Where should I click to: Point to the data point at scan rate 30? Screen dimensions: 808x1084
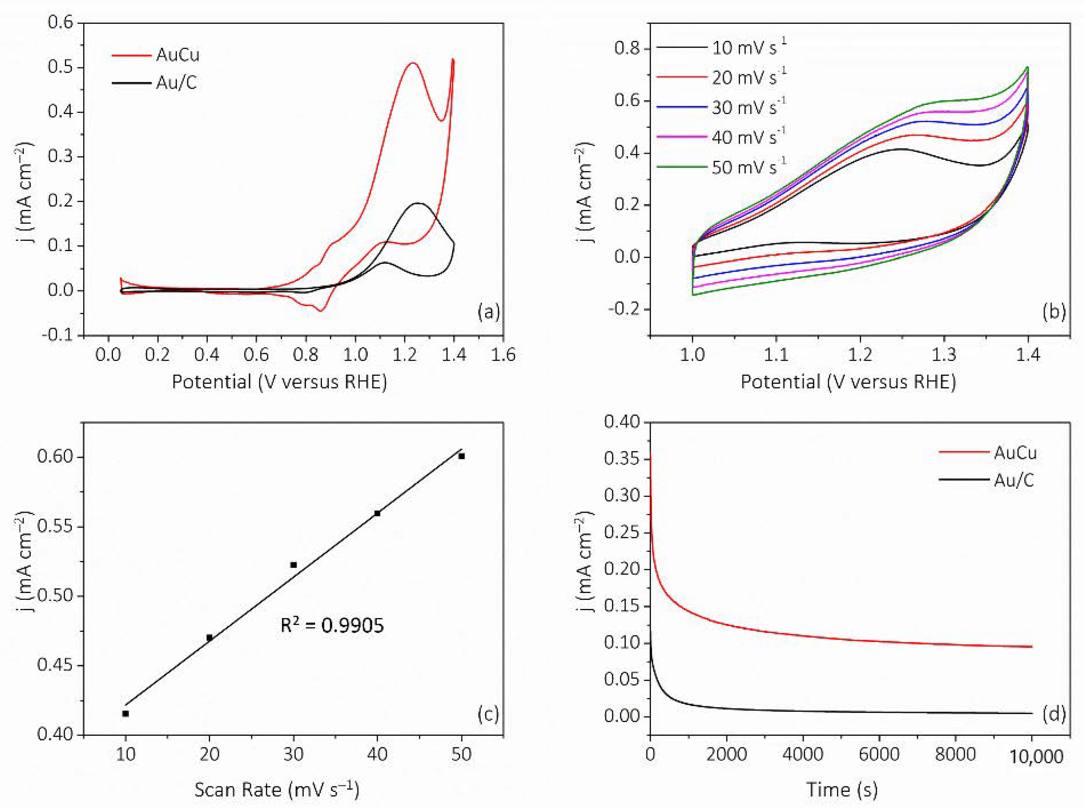[x=293, y=565]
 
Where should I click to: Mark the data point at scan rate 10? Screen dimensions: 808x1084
[x=126, y=714]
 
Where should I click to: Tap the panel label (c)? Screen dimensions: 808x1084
[x=488, y=715]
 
